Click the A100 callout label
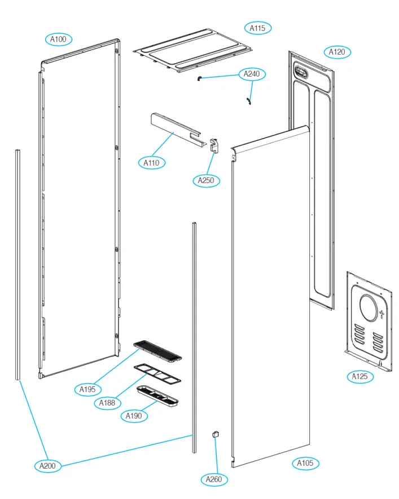click(59, 39)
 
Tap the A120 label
click(337, 52)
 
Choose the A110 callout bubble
click(151, 163)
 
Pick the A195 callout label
click(88, 389)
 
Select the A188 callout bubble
click(107, 403)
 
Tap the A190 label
click(134, 416)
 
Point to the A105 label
click(305, 464)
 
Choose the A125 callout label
click(359, 376)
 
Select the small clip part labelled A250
click(214, 146)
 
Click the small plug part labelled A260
click(214, 434)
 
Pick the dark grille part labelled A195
click(157, 350)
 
